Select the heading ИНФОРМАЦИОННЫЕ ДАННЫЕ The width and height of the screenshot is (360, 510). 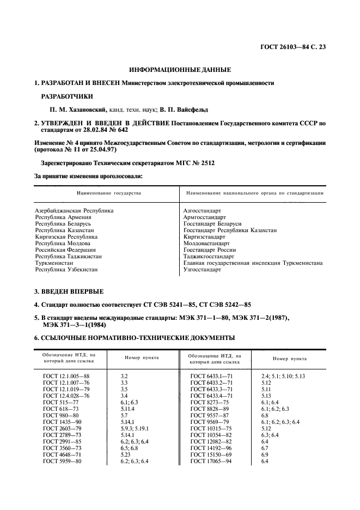[180, 70]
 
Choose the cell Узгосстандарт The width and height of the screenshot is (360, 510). [203, 269]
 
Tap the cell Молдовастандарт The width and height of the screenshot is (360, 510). [207, 243]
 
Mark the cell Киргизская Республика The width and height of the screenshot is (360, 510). [66, 237]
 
